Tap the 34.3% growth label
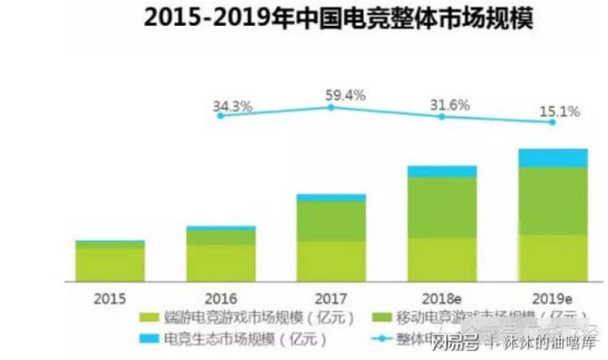coord(232,106)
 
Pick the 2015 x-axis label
coord(110,297)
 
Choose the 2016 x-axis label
coord(221,297)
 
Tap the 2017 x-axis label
coord(331,297)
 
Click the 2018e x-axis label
coord(442,297)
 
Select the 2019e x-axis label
coord(553,297)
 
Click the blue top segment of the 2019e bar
coord(553,157)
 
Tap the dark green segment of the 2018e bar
coord(442,207)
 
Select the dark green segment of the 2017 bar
coord(331,221)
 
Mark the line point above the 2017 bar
coord(331,108)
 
